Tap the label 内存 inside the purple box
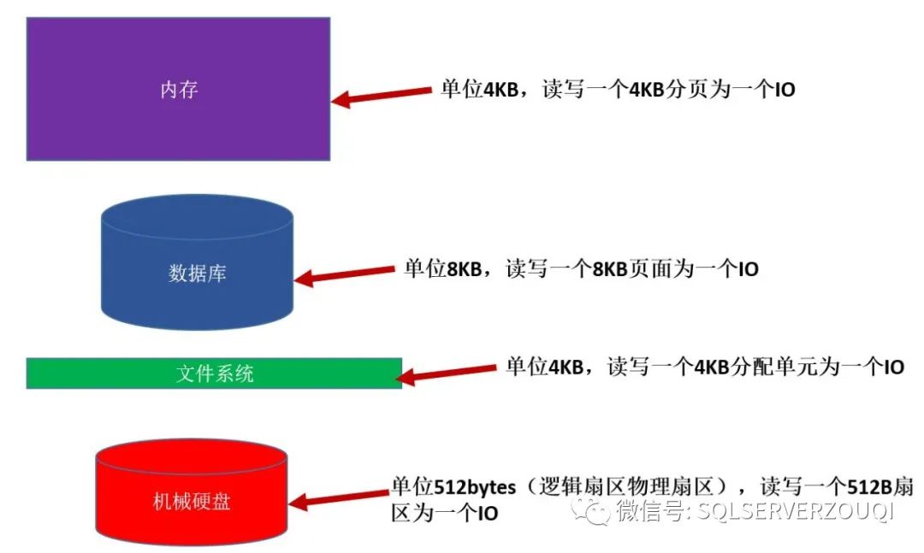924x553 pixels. click(179, 90)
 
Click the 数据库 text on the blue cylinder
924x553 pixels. click(197, 274)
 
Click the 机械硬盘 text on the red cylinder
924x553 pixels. click(191, 502)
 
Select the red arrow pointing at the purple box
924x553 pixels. click(381, 95)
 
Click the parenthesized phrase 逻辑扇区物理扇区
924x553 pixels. click(633, 487)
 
